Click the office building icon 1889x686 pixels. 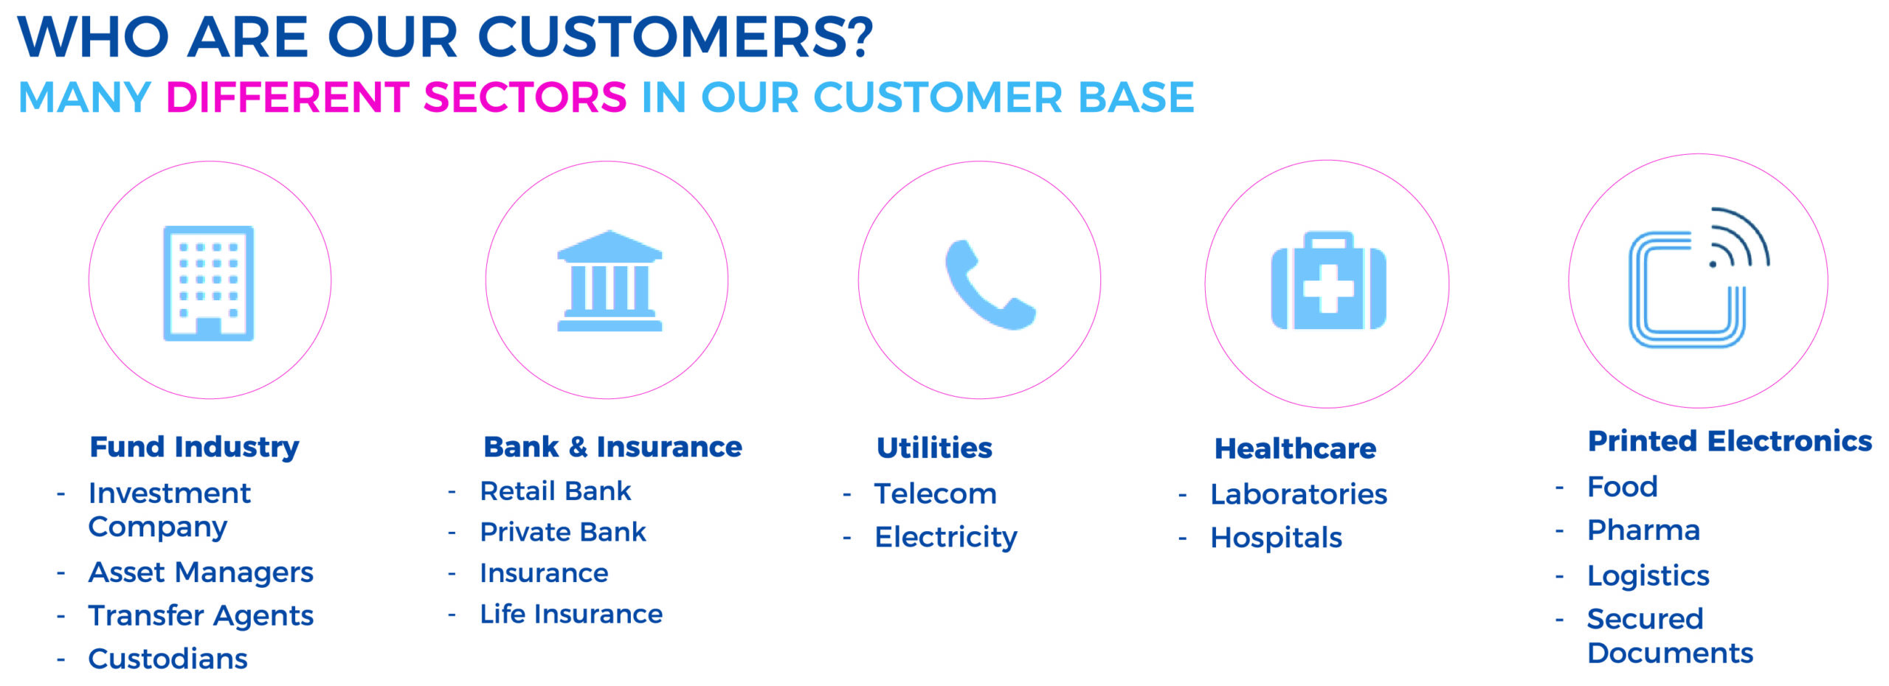[x=209, y=283]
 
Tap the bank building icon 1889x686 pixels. [x=609, y=281]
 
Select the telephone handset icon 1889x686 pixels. [x=990, y=284]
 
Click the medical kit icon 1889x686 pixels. [x=1328, y=281]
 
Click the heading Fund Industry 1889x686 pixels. [x=195, y=448]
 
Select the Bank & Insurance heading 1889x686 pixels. [x=612, y=447]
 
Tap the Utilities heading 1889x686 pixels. [x=934, y=448]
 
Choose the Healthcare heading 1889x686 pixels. [x=1295, y=448]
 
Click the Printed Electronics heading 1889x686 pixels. [x=1730, y=441]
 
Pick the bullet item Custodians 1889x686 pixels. [x=168, y=659]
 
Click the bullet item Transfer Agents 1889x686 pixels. [x=201, y=616]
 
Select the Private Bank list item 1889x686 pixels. [x=563, y=532]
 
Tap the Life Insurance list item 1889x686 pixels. [x=571, y=614]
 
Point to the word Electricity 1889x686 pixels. [x=946, y=538]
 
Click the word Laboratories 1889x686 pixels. [x=1299, y=494]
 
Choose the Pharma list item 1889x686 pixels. [x=1643, y=530]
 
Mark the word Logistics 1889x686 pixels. [x=1648, y=575]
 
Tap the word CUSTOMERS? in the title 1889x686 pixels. [x=675, y=37]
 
